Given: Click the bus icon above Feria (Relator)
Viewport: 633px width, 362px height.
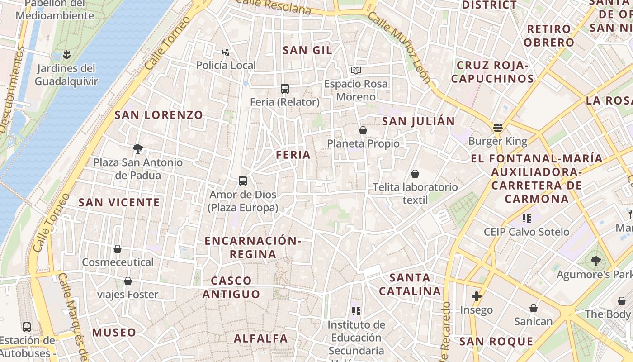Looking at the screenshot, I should click(x=284, y=89).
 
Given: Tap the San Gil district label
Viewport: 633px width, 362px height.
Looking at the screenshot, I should click(x=307, y=50).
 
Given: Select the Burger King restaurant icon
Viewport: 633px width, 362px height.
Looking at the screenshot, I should click(x=498, y=128).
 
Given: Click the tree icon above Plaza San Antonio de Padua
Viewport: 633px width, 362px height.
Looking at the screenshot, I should click(x=138, y=148).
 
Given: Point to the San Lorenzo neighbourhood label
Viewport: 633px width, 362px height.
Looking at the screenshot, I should click(x=159, y=115).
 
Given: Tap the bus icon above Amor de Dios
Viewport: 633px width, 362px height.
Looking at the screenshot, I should click(x=243, y=181).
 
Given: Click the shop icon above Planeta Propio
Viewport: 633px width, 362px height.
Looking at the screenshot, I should click(x=363, y=130).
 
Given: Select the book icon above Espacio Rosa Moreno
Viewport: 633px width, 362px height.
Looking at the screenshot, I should click(x=356, y=70).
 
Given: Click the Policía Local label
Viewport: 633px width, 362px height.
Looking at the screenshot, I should click(x=226, y=65).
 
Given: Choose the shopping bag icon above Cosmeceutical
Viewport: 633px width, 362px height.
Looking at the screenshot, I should click(x=118, y=249).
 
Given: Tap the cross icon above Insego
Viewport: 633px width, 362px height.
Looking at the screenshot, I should click(x=476, y=297).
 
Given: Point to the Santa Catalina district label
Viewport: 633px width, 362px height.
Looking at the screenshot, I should click(x=410, y=284).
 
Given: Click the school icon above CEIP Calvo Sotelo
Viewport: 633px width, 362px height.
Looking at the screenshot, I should click(x=526, y=219).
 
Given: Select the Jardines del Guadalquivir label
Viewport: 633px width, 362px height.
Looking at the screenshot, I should click(x=66, y=75).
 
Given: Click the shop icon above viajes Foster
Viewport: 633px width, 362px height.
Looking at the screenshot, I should click(x=128, y=281).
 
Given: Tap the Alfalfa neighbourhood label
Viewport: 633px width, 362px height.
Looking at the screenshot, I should click(x=261, y=338).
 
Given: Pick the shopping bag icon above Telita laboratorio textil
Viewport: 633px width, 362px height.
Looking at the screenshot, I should click(x=415, y=174).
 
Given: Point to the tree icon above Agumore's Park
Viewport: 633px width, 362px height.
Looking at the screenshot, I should click(x=595, y=261).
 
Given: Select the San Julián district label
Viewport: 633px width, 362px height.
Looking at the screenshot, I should click(x=418, y=121).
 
